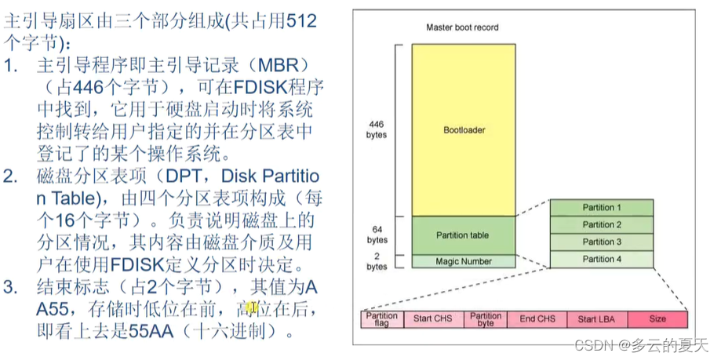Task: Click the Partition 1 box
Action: [x=602, y=208]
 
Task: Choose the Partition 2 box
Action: [x=602, y=225]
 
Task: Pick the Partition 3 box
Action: [x=602, y=242]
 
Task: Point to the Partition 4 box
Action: [x=602, y=260]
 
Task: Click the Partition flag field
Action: [x=382, y=319]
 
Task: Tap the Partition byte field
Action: [x=486, y=319]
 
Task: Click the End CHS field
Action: [x=537, y=319]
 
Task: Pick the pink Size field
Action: [x=657, y=319]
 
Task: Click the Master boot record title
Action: [x=462, y=27]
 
